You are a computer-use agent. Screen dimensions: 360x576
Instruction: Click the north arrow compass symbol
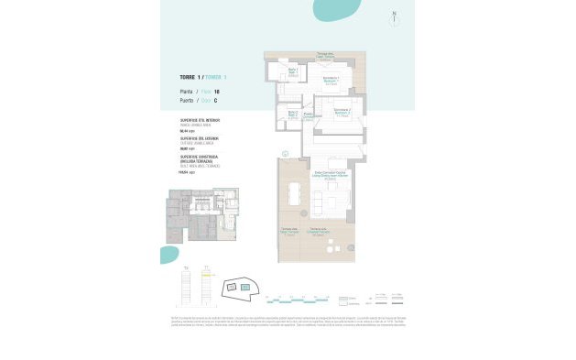(x=394, y=16)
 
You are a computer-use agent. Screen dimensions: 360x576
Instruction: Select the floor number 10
(x=216, y=93)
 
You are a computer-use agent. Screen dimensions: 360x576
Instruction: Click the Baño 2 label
(x=293, y=113)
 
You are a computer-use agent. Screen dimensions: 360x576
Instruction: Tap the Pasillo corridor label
(x=310, y=115)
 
